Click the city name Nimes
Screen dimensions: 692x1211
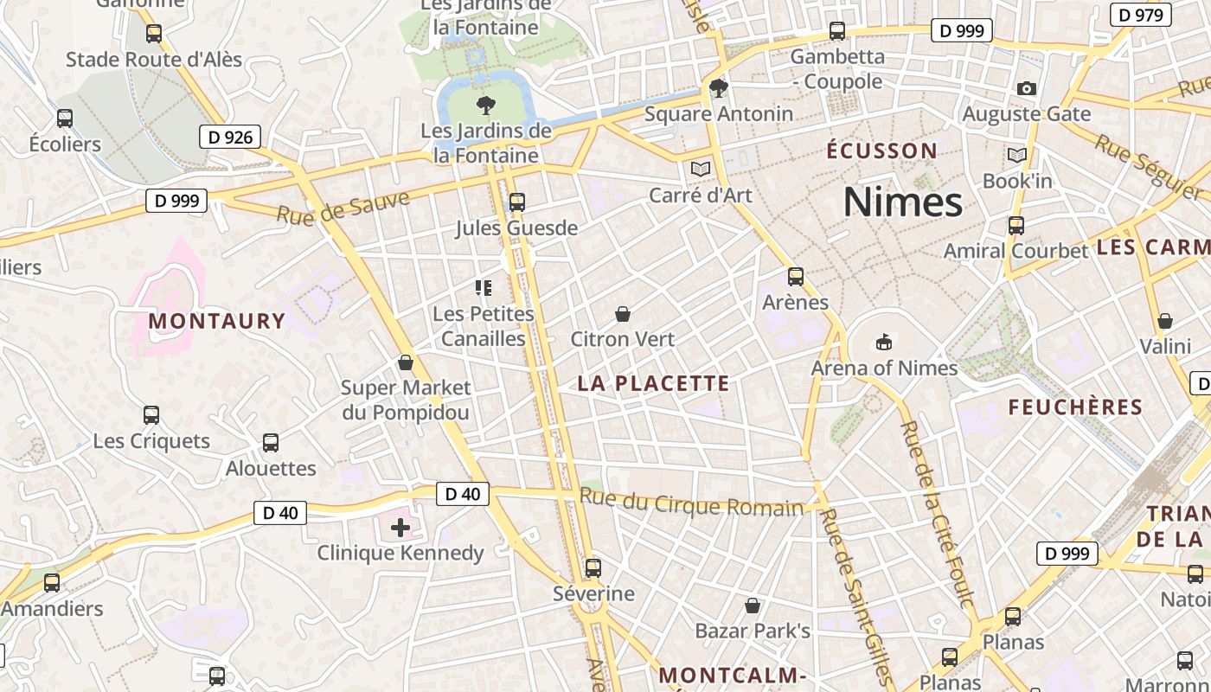pos(902,202)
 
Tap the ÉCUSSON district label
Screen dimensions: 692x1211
pos(881,151)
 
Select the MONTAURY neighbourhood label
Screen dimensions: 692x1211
pos(216,321)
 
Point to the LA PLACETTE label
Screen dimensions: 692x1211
pos(653,383)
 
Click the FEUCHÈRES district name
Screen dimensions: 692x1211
pos(1075,407)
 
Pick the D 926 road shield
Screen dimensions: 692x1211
pos(231,137)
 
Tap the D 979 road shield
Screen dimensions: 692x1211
pos(1140,15)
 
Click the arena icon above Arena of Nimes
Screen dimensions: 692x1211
pos(883,342)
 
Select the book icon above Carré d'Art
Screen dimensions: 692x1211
pos(701,169)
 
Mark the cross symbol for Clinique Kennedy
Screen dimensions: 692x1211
pos(400,527)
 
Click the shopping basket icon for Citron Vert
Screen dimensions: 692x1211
pos(622,313)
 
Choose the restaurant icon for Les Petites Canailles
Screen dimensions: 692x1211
pos(484,287)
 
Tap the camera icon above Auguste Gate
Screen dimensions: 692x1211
pos(1027,88)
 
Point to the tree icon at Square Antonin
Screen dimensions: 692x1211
pos(718,87)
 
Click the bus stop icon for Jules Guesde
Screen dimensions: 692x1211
pos(516,202)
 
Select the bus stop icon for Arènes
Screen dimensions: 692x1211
pos(795,277)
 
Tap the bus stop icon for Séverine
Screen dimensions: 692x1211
pos(593,568)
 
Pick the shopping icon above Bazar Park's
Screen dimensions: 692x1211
pos(753,605)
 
